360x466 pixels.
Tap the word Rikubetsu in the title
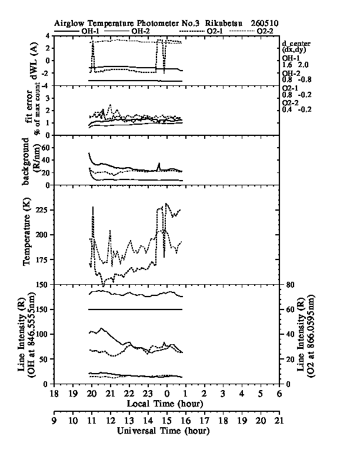pyautogui.click(x=224, y=23)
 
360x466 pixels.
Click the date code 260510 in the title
pyautogui.click(x=264, y=23)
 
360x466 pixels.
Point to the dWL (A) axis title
pyautogui.click(x=35, y=61)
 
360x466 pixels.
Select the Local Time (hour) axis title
pyautogui.click(x=165, y=404)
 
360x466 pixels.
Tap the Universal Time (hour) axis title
pyautogui.click(x=163, y=431)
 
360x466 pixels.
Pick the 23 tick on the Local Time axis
pyautogui.click(x=148, y=394)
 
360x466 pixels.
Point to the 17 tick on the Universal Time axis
pyautogui.click(x=204, y=421)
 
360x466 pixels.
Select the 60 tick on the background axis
pyautogui.click(x=45, y=148)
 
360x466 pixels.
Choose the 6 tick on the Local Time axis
pyautogui.click(x=279, y=394)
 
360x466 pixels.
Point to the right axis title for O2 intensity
pyautogui.click(x=305, y=337)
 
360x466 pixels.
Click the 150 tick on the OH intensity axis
pyautogui.click(x=43, y=309)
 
